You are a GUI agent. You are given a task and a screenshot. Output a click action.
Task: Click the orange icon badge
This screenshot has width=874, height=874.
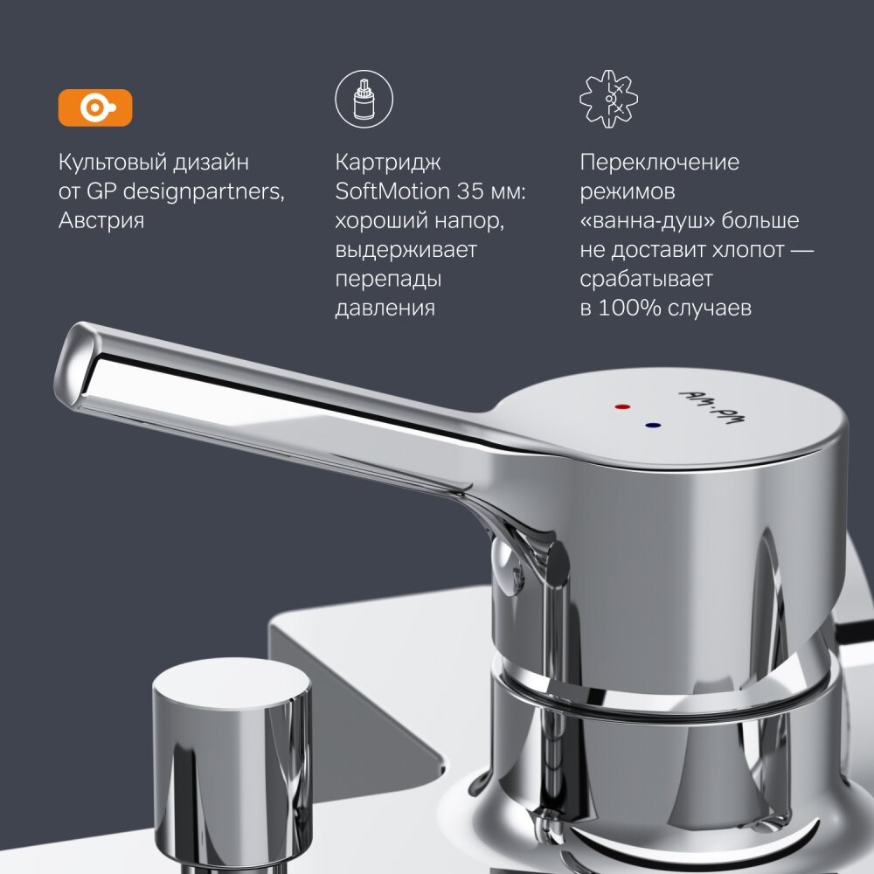tap(95, 108)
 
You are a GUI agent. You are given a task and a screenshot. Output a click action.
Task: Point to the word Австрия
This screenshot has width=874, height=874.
tap(101, 220)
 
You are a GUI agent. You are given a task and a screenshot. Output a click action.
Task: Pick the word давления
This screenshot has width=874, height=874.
tap(385, 309)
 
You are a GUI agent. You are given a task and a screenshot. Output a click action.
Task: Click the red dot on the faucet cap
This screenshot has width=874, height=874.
tap(621, 407)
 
